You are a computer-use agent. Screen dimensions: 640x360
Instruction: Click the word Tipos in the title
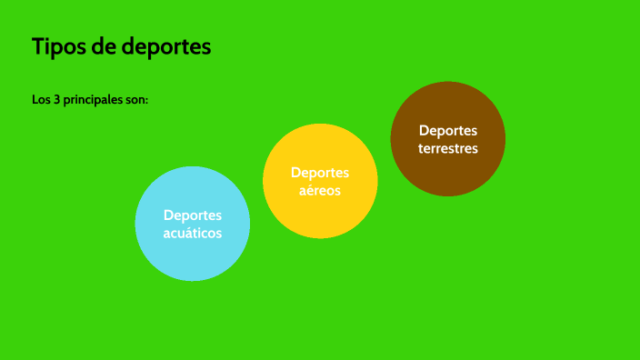pos(57,46)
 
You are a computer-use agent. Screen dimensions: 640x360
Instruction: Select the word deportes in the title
pos(167,47)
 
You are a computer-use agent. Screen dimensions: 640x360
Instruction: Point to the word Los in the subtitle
pos(41,98)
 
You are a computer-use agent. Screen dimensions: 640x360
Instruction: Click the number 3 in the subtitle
pos(57,98)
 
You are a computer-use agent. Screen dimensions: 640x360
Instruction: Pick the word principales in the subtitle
pos(92,99)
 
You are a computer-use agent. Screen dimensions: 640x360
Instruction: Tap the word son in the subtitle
pos(135,98)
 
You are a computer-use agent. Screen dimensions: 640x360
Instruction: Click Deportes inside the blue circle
pos(193,215)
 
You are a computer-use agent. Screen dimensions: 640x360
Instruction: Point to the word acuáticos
pos(193,233)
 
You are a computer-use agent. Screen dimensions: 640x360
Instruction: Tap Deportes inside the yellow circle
pos(320,173)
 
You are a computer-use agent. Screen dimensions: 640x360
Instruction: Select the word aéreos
pos(320,191)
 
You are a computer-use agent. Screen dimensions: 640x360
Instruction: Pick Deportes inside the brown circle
pos(448,130)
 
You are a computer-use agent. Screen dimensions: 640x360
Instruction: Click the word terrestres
pos(448,148)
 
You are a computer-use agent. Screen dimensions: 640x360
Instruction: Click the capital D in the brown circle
pos(424,130)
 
